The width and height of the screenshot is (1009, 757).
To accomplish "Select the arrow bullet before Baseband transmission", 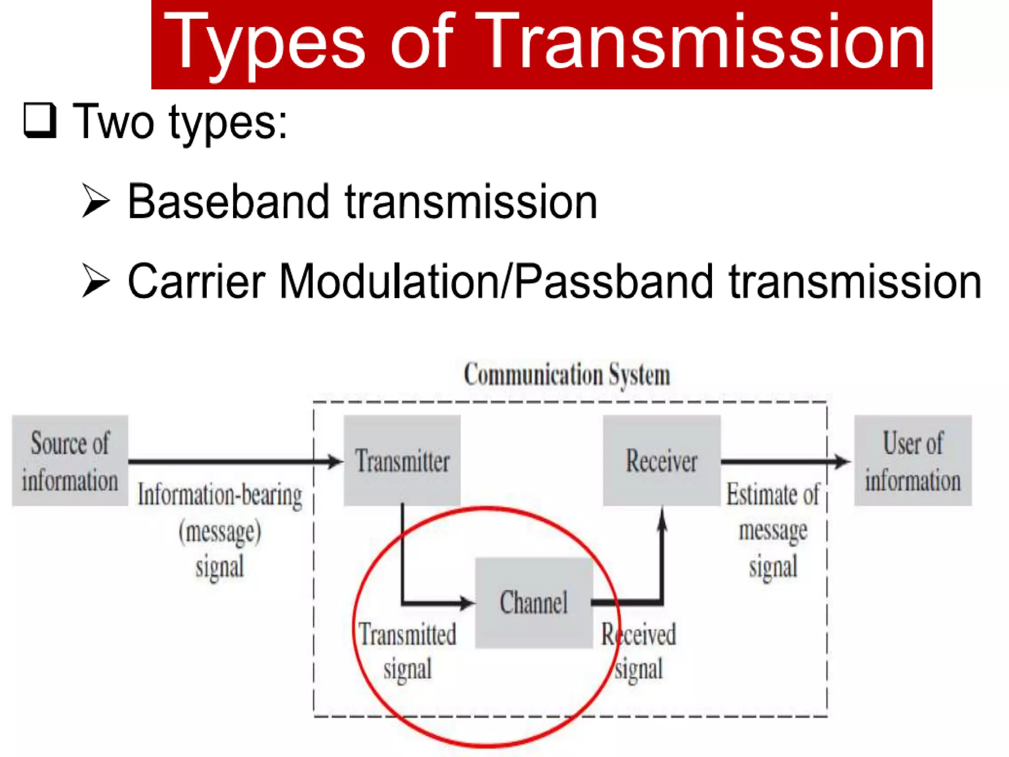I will tap(95, 201).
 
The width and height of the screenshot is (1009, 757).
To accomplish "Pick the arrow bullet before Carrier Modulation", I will tap(95, 281).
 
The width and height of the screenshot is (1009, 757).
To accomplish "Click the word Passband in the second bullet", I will tap(613, 282).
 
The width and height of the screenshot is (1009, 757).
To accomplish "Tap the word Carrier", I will tap(196, 282).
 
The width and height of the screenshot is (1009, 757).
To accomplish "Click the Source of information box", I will tap(70, 461).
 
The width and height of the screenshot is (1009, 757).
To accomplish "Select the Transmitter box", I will tap(402, 461).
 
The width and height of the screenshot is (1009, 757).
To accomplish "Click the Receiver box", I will tap(661, 461).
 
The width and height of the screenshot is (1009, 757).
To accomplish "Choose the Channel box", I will tap(534, 603).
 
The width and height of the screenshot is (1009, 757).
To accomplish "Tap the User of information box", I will tap(912, 461).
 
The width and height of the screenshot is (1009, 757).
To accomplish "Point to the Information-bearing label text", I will tap(220, 496).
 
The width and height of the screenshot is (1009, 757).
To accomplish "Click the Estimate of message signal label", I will tap(773, 530).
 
